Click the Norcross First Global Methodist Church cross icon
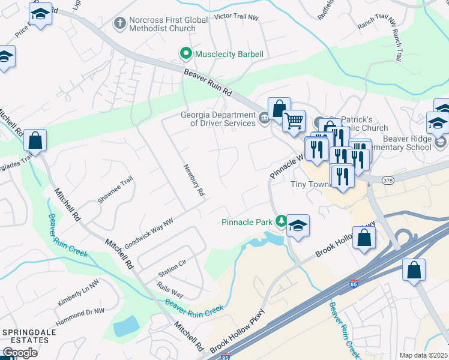coord(120,23)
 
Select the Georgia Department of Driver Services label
coord(218,119)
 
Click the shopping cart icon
coord(294,121)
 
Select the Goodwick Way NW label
coord(148,233)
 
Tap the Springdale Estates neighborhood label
coord(25,336)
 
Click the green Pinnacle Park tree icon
coord(280,222)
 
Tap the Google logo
coord(20,353)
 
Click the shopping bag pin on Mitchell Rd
coord(35,141)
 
